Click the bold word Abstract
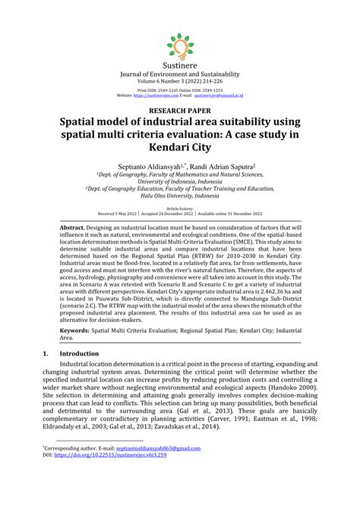tap(73, 228)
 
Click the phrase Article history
tap(180, 207)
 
